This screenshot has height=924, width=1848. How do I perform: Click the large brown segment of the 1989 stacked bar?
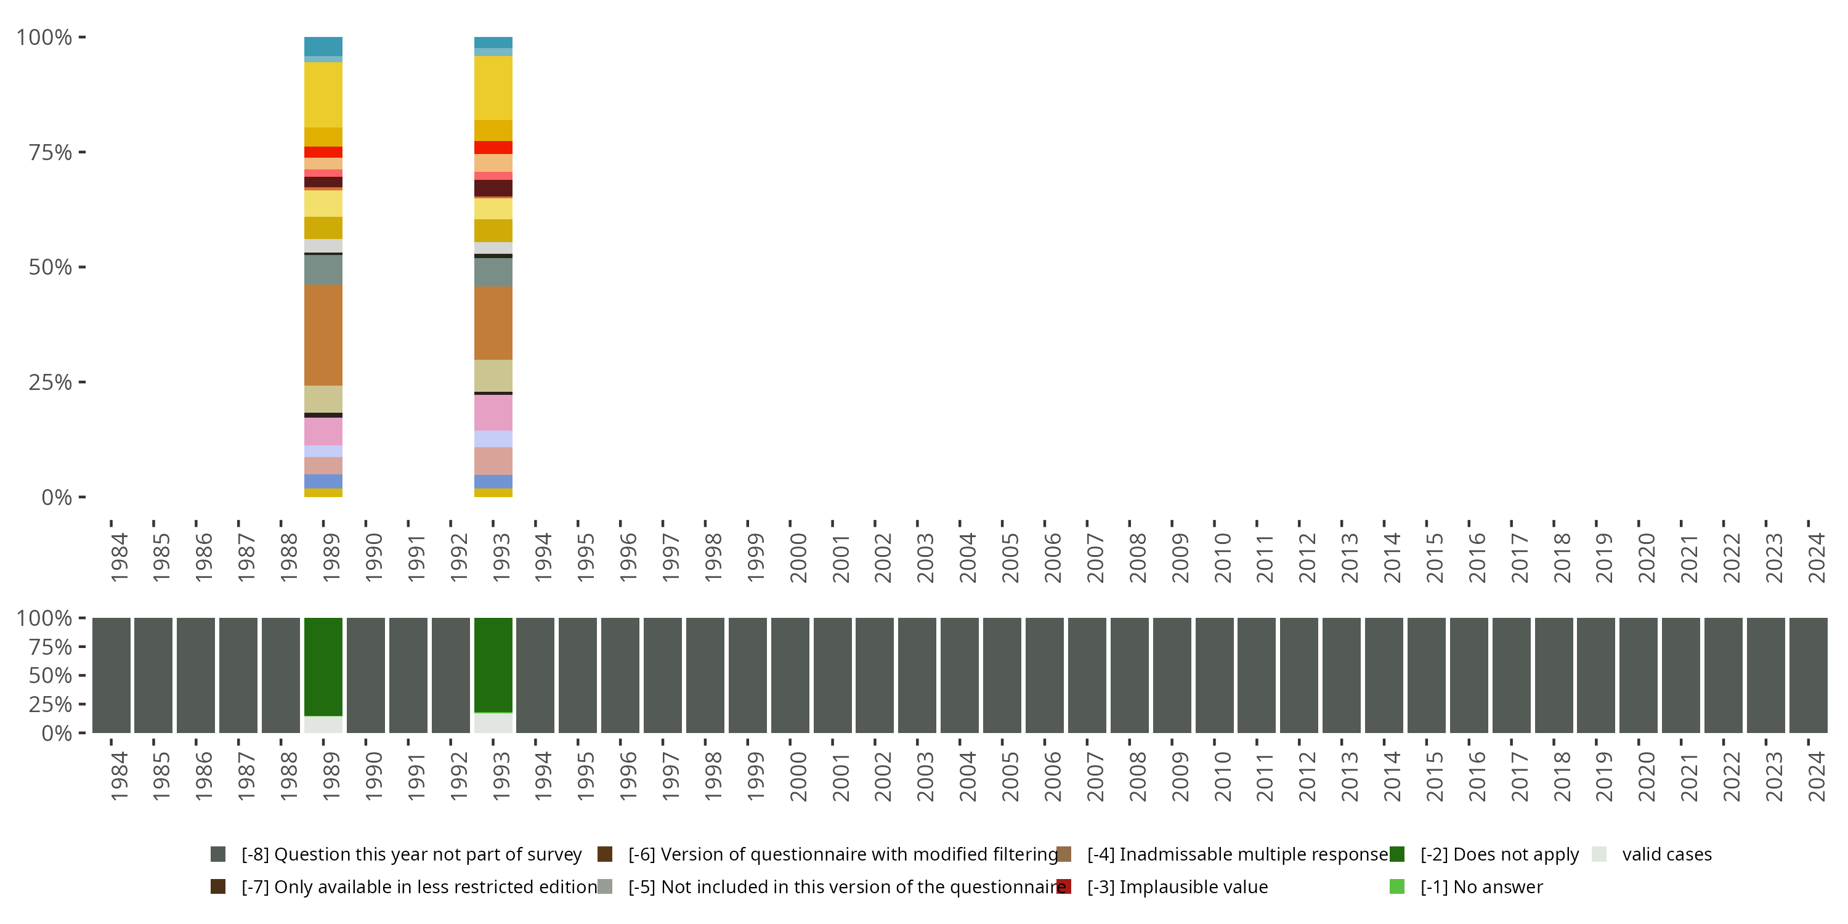[x=323, y=335]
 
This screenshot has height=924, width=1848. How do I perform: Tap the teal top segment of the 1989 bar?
[x=323, y=46]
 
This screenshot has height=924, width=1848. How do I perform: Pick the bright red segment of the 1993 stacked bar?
[x=493, y=147]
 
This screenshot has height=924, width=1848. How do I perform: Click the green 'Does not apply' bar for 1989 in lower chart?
[x=323, y=667]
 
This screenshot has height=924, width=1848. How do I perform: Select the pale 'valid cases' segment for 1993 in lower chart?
[x=493, y=723]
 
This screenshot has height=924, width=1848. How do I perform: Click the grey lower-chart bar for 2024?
[x=1808, y=675]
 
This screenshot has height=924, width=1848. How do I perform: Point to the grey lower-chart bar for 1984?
[x=111, y=675]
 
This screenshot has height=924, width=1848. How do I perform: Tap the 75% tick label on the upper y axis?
[x=51, y=152]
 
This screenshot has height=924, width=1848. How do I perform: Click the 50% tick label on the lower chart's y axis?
[x=51, y=675]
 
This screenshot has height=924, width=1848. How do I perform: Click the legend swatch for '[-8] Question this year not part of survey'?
[x=218, y=854]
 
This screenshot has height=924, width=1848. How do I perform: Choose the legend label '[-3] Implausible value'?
[x=1177, y=886]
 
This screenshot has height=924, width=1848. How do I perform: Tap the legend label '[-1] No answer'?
[x=1481, y=886]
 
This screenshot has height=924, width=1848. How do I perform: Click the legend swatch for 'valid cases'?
[x=1599, y=854]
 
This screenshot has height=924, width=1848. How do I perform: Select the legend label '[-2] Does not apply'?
[x=1499, y=854]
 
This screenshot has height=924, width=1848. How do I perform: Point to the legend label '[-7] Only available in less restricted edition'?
[x=419, y=886]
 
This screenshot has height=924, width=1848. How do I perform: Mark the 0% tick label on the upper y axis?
[x=56, y=497]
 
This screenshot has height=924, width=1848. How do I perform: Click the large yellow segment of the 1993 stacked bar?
[x=493, y=87]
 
